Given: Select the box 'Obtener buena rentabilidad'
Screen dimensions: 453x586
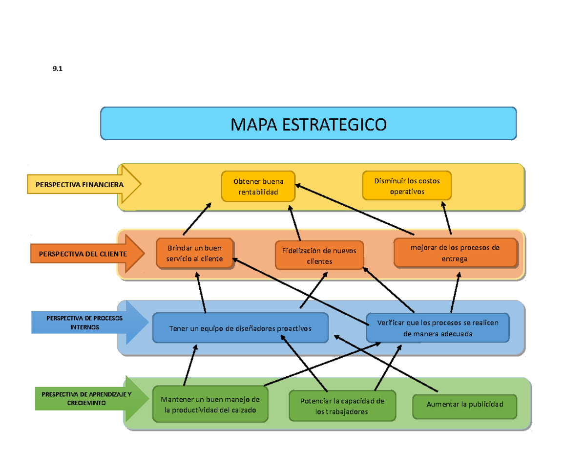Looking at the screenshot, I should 258,186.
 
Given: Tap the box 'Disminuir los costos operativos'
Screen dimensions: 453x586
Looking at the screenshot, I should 407,186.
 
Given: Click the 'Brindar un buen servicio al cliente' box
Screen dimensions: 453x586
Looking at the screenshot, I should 194,253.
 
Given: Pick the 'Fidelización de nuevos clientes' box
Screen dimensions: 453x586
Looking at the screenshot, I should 319,256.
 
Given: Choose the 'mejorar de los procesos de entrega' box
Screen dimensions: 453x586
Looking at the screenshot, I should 455,253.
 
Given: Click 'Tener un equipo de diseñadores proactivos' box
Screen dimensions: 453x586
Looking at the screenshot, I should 240,328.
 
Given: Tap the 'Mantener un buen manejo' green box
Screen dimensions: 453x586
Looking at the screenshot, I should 210,404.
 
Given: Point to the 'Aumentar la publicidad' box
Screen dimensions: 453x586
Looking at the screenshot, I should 464,405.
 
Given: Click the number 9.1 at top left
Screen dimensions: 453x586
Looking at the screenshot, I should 58,69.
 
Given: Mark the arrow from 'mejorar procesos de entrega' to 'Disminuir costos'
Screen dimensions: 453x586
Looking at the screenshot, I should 446,218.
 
